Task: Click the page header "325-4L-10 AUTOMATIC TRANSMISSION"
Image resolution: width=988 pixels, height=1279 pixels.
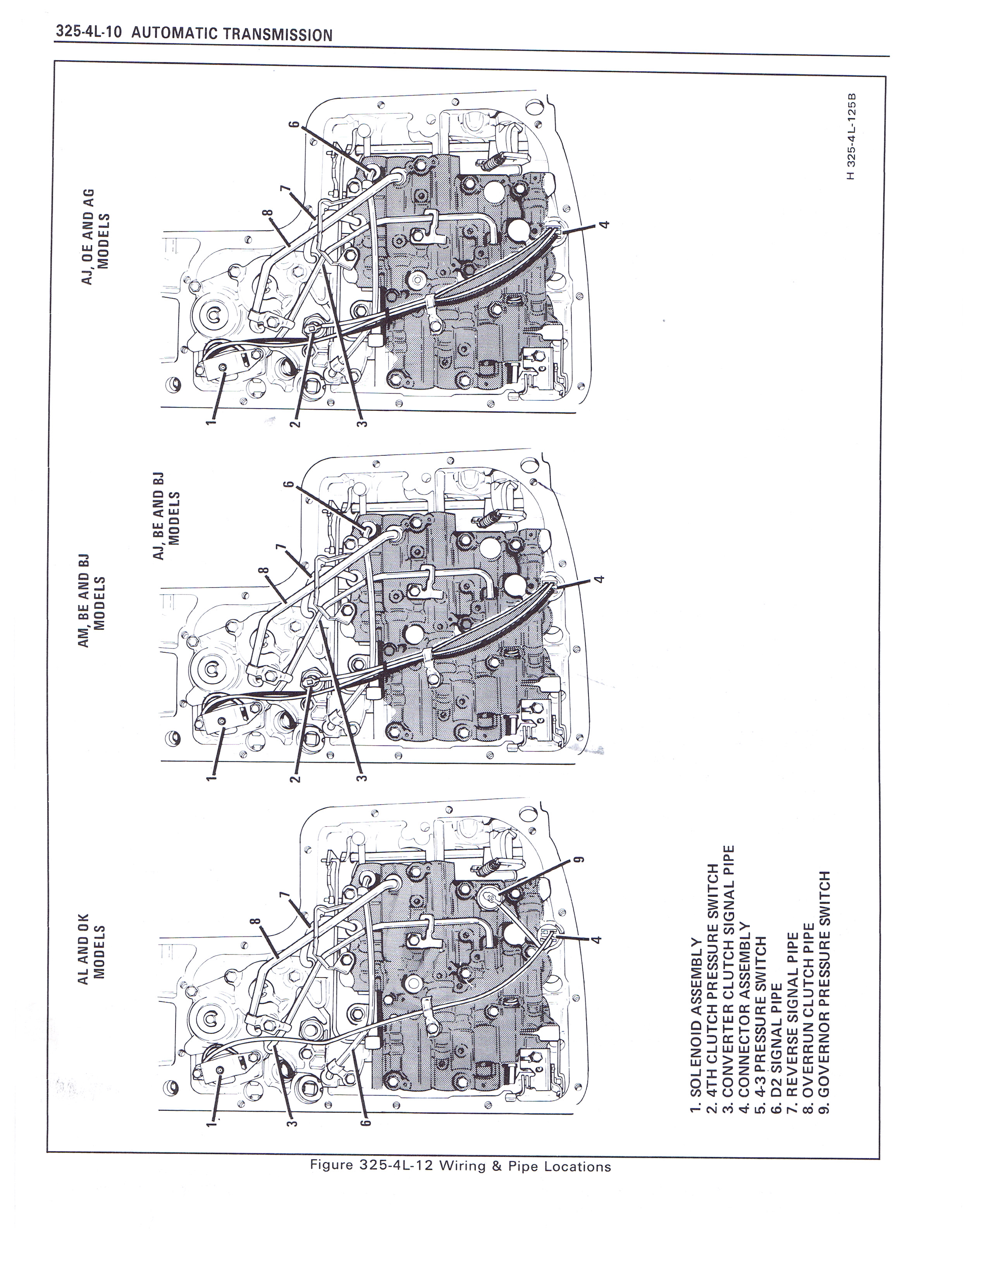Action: (x=194, y=33)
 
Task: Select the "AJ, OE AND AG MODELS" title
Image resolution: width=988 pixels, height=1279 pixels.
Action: (x=96, y=236)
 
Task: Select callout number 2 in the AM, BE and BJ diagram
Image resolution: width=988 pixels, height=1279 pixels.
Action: (x=296, y=778)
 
